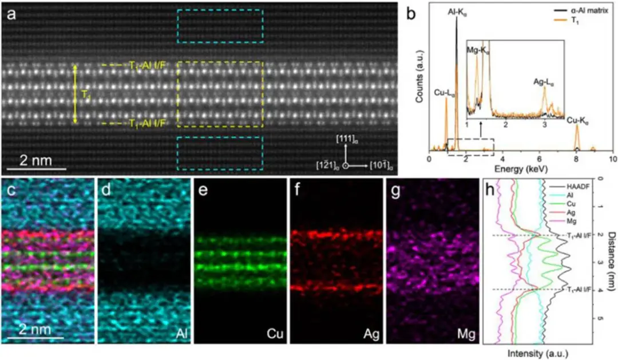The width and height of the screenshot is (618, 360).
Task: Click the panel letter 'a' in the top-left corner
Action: [x=11, y=14]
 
